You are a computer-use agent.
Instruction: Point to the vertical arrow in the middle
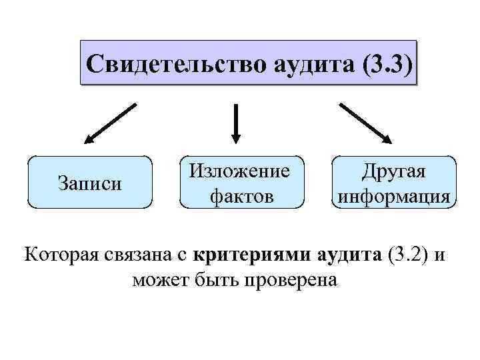pos(235,120)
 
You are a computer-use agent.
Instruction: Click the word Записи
pos(90,183)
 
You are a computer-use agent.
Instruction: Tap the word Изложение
pos(240,171)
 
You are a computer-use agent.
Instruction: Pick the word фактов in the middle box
pos(240,196)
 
